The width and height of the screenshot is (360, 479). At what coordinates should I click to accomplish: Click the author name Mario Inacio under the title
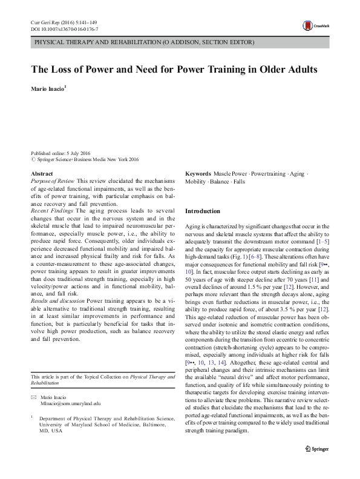[48, 88]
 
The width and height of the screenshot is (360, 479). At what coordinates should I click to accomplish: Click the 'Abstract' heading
[41, 174]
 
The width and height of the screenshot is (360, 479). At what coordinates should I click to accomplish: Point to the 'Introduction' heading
[203, 211]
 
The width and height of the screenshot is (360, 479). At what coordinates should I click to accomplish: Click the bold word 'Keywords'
[198, 174]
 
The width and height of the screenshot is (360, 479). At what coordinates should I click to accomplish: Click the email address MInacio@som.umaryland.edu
[70, 386]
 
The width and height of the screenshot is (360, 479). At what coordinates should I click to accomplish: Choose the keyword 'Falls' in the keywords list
[239, 181]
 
